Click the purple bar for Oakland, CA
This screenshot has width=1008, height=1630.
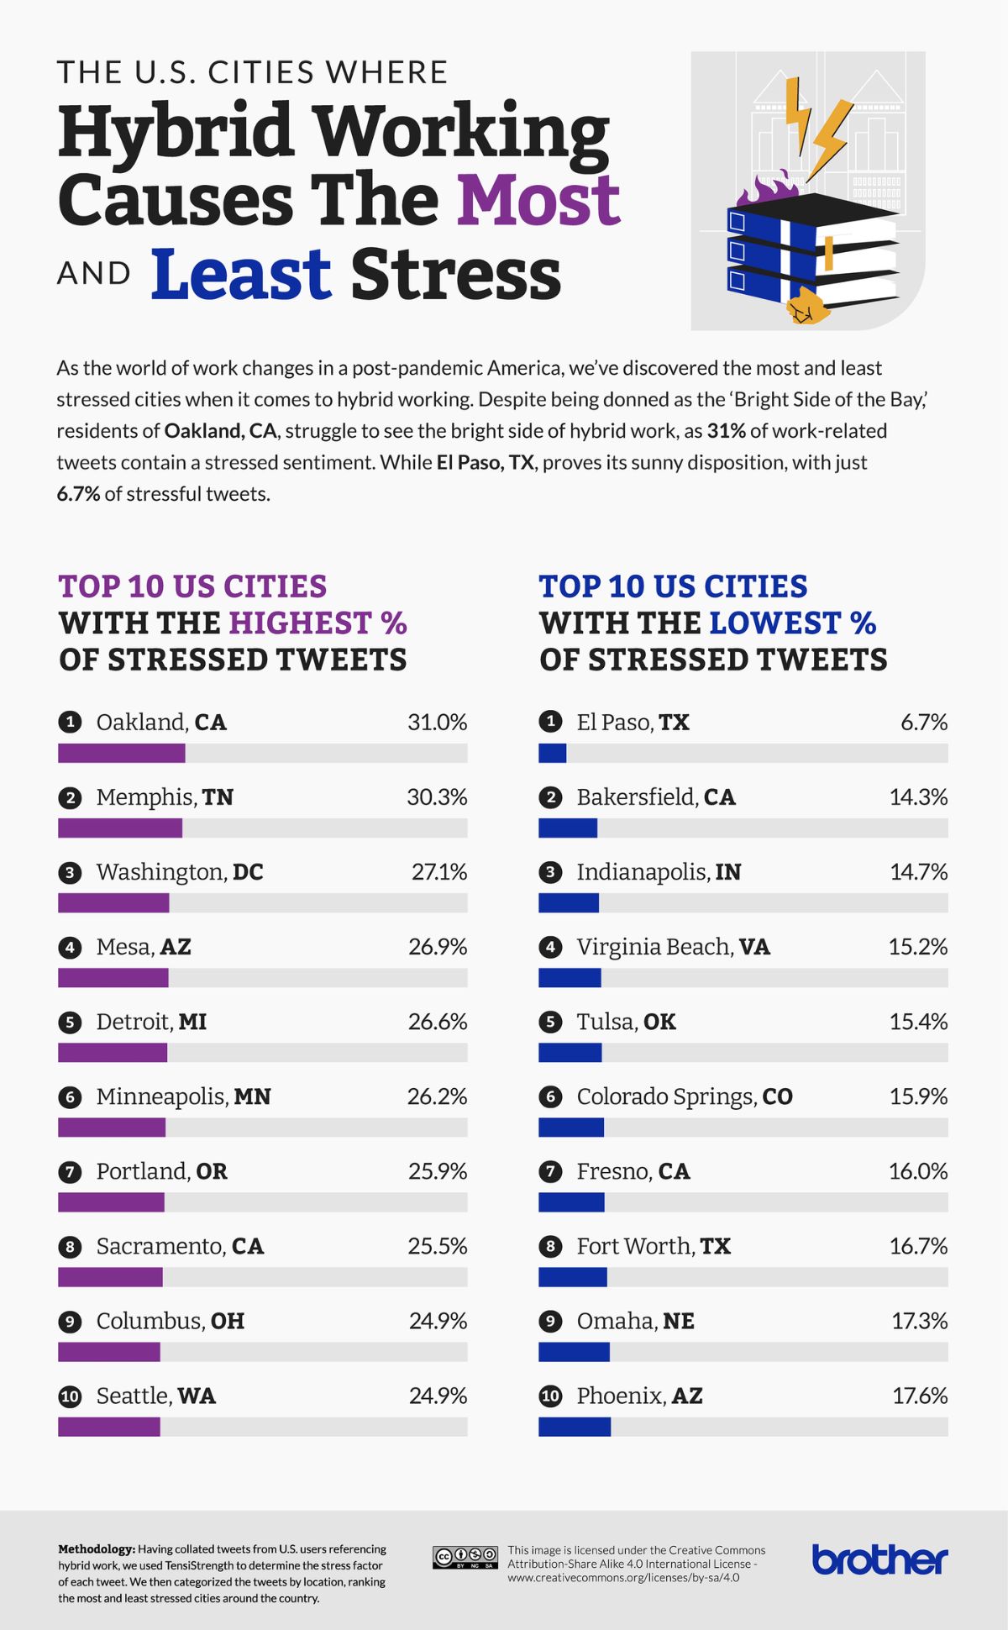coord(122,753)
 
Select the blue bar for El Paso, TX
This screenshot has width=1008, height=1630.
coord(552,753)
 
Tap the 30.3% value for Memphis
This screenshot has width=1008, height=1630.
coord(437,797)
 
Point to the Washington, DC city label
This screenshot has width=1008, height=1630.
coord(180,872)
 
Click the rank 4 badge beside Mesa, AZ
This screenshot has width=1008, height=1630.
coord(70,948)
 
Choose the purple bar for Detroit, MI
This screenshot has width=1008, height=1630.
coord(113,1052)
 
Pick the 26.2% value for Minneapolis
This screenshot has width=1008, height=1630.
coord(437,1096)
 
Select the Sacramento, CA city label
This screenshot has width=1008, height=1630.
coord(180,1246)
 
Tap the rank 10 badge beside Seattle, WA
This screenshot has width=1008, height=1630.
coord(70,1396)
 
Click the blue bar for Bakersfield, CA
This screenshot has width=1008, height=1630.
coord(568,828)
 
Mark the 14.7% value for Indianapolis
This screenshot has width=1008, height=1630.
coord(918,872)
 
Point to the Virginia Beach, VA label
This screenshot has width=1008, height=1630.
coord(673,947)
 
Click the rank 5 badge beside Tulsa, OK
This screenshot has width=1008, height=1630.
coord(550,1023)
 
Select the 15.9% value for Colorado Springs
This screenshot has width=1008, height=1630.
coord(918,1096)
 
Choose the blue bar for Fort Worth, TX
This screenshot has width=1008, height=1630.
coord(572,1277)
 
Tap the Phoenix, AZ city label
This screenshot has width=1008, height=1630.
coord(639,1396)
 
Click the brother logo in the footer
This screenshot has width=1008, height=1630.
coord(879,1559)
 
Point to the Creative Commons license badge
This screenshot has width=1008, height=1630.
coord(465,1557)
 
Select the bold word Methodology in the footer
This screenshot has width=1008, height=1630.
coord(96,1548)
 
